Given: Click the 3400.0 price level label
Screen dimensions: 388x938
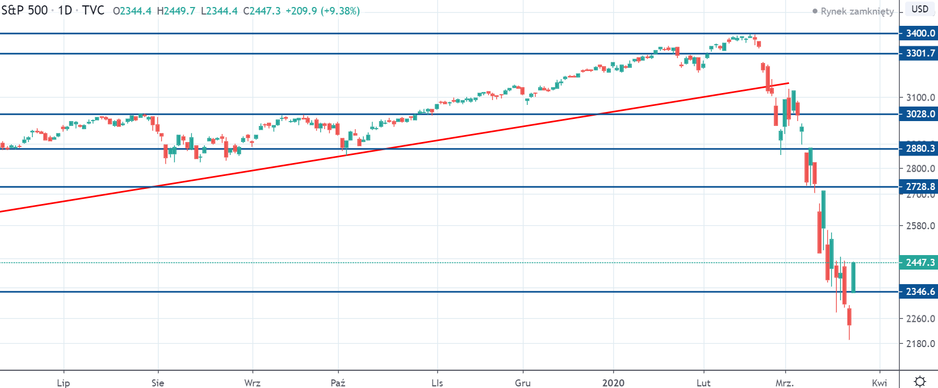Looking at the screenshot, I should pos(920,33).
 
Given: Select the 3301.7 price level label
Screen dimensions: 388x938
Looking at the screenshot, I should pos(920,53).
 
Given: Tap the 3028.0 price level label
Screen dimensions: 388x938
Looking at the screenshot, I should pos(920,114).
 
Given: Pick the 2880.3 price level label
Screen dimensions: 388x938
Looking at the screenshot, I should pos(920,149).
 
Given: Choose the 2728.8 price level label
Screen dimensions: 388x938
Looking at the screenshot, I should pos(920,187).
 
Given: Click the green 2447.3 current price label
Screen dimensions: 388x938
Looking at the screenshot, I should pos(920,263).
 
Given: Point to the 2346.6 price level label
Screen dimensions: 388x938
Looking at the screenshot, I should pos(920,292).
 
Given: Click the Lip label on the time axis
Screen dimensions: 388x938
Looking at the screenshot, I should pos(64,383).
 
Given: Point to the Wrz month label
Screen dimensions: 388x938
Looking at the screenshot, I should pos(252,383).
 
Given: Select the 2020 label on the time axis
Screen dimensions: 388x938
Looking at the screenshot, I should pos(613,383).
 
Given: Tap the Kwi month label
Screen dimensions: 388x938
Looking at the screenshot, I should pos(879,383).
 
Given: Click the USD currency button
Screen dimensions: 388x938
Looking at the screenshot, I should pos(920,9).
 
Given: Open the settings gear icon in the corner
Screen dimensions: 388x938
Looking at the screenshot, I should pos(920,381).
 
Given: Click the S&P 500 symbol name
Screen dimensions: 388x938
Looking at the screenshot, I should pos(25,11).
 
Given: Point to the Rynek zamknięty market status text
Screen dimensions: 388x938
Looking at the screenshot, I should pos(857,11).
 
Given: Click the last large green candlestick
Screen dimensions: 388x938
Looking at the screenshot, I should pos(854,277).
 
